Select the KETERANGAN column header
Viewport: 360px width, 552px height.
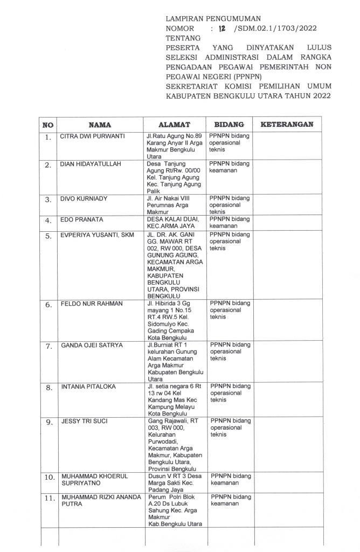point(287,125)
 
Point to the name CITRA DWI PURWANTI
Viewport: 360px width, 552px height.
point(92,136)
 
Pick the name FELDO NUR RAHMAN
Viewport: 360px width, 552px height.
point(91,304)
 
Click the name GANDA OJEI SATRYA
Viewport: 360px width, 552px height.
point(92,345)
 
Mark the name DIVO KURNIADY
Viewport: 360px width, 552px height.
point(84,199)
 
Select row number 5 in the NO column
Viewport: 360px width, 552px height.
point(49,236)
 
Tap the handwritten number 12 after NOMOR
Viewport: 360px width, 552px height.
point(221,29)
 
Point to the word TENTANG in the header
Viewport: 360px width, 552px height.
point(183,38)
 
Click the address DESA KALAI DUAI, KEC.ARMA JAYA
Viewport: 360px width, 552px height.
point(174,223)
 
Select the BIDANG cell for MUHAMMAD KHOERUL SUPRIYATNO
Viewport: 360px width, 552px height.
point(230,480)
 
